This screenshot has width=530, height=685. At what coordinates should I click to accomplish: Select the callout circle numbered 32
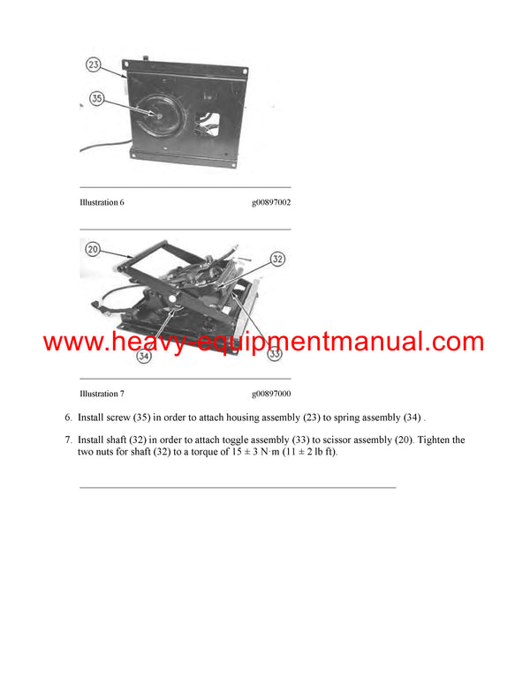pyautogui.click(x=277, y=259)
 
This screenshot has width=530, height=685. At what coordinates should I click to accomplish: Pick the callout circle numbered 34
pyautogui.click(x=143, y=357)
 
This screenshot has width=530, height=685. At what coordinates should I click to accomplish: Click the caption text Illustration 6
pyautogui.click(x=102, y=202)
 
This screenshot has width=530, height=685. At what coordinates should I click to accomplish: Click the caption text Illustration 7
pyautogui.click(x=102, y=394)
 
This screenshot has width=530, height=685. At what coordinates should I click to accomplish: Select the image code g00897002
pyautogui.click(x=270, y=202)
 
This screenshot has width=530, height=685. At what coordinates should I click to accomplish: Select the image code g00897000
pyautogui.click(x=270, y=394)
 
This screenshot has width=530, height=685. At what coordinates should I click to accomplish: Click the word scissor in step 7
pyautogui.click(x=345, y=440)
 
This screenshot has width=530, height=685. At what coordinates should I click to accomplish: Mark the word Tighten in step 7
pyautogui.click(x=442, y=440)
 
